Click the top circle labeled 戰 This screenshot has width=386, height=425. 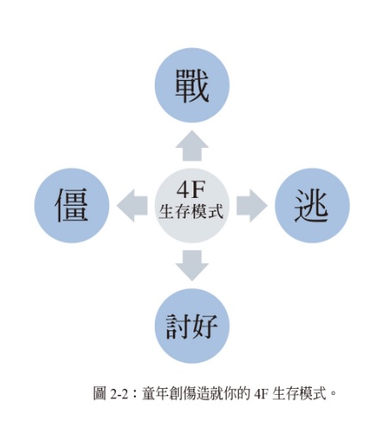coord(193,85)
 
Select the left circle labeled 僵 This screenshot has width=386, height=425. coord(71,206)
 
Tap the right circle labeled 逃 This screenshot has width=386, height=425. coord(312,206)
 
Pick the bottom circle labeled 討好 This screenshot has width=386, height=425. coord(193,326)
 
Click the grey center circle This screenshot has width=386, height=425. coord(193,206)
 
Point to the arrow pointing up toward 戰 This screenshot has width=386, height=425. coord(192,145)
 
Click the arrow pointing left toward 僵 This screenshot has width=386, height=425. coord(132,206)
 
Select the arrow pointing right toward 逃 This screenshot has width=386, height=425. coord(252,206)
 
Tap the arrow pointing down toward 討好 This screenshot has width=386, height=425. coord(192,266)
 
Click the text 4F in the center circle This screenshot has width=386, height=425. coord(191,189)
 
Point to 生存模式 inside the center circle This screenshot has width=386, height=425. coord(191,212)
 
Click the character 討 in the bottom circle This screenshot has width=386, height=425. coord(178,327)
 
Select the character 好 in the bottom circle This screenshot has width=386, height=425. coord(205,327)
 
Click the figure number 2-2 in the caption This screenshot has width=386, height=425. coord(119,394)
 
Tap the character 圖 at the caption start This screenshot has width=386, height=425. coord(100,393)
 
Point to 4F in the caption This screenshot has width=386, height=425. coord(260,394)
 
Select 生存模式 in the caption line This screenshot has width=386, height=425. coord(299,393)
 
